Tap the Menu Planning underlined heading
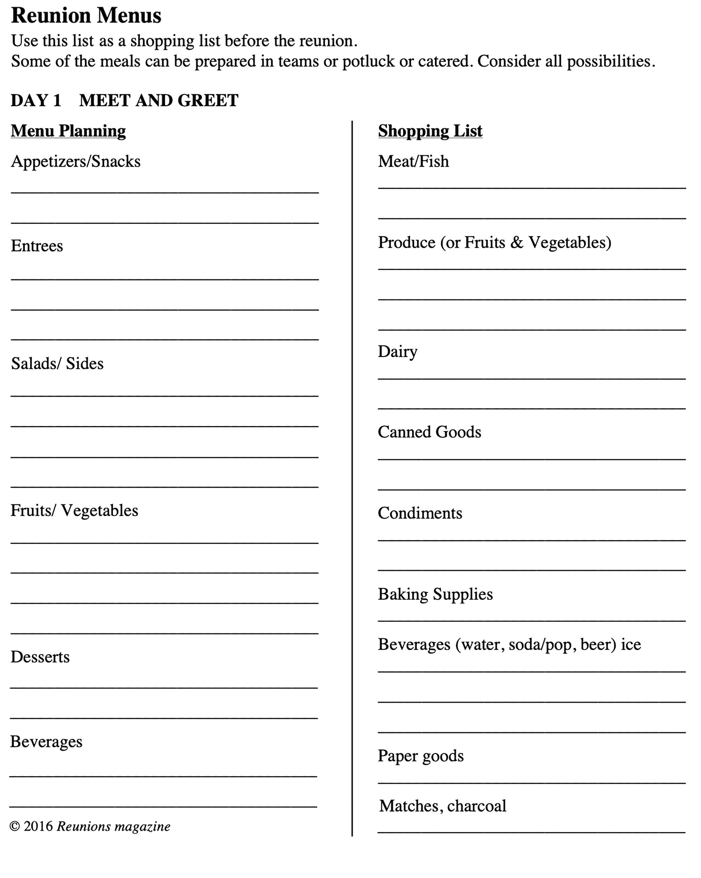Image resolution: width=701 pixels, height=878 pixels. click(68, 131)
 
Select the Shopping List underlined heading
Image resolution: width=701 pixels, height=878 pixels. click(430, 131)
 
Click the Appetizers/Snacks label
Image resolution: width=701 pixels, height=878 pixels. click(75, 161)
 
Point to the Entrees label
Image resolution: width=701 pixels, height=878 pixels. click(37, 246)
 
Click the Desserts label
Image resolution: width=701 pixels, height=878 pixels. click(40, 657)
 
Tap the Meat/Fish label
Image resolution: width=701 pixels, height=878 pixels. click(413, 161)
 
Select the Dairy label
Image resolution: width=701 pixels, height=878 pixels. click(397, 351)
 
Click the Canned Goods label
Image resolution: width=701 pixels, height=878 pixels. click(429, 432)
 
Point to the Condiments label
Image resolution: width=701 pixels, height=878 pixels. click(420, 513)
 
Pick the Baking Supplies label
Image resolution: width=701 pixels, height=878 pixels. click(435, 594)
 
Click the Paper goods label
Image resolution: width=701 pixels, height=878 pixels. click(420, 756)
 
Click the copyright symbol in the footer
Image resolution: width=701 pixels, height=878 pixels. click(15, 826)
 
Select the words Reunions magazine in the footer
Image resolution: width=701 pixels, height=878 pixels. click(113, 826)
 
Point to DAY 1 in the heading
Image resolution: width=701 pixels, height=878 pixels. click(36, 101)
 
